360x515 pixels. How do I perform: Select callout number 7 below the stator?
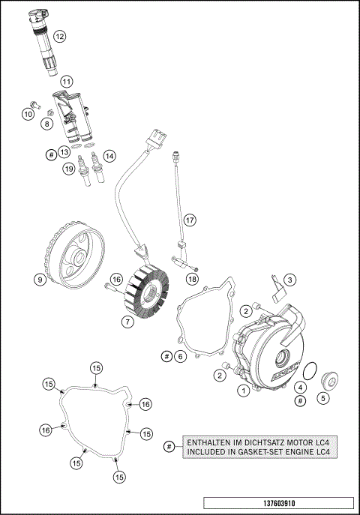128,322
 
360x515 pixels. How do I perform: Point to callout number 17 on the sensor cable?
190,220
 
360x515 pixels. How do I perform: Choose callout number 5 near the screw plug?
323,400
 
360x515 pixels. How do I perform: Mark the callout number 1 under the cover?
243,390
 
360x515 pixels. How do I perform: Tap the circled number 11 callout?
66,81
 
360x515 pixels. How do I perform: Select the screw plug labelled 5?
328,381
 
